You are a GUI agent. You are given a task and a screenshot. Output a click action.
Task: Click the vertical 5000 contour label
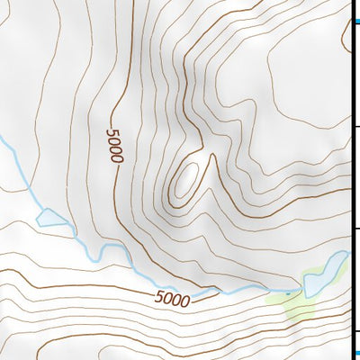[113, 145]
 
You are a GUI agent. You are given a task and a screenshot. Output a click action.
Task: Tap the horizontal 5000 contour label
[173, 299]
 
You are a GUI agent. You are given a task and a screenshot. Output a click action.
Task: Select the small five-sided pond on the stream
[50, 216]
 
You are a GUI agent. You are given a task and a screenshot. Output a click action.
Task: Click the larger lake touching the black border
[326, 274]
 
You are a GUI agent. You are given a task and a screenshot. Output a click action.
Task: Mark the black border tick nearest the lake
[355, 231]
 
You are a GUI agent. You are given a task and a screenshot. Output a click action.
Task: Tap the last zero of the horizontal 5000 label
[185, 301]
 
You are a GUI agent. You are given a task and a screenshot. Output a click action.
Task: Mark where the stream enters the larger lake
[304, 290]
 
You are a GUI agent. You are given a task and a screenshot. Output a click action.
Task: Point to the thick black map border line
[349, 180]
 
